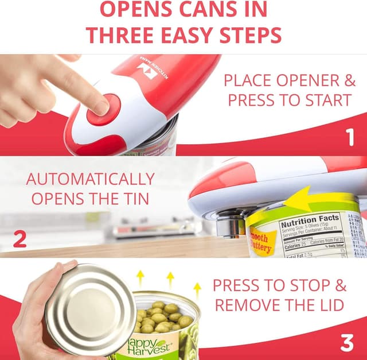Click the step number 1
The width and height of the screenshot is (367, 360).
pyautogui.click(x=349, y=138)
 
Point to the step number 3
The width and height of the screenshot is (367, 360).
pyautogui.click(x=347, y=343)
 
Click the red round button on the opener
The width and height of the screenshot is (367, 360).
pyautogui.click(x=104, y=110)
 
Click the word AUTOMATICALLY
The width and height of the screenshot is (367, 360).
pyautogui.click(x=90, y=179)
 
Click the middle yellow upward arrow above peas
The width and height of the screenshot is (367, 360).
pyautogui.click(x=170, y=280)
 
